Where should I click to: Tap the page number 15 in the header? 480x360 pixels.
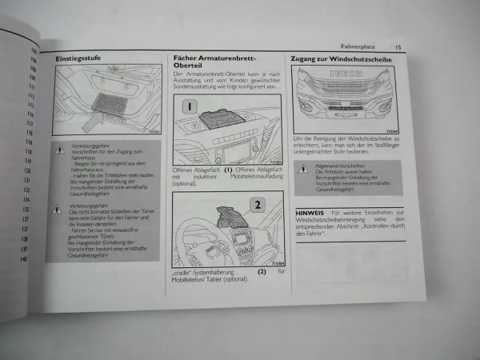[x=398, y=47]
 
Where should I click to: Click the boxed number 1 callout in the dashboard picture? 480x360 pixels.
[x=189, y=107]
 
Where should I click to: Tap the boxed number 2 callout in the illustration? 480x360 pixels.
[x=257, y=203]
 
